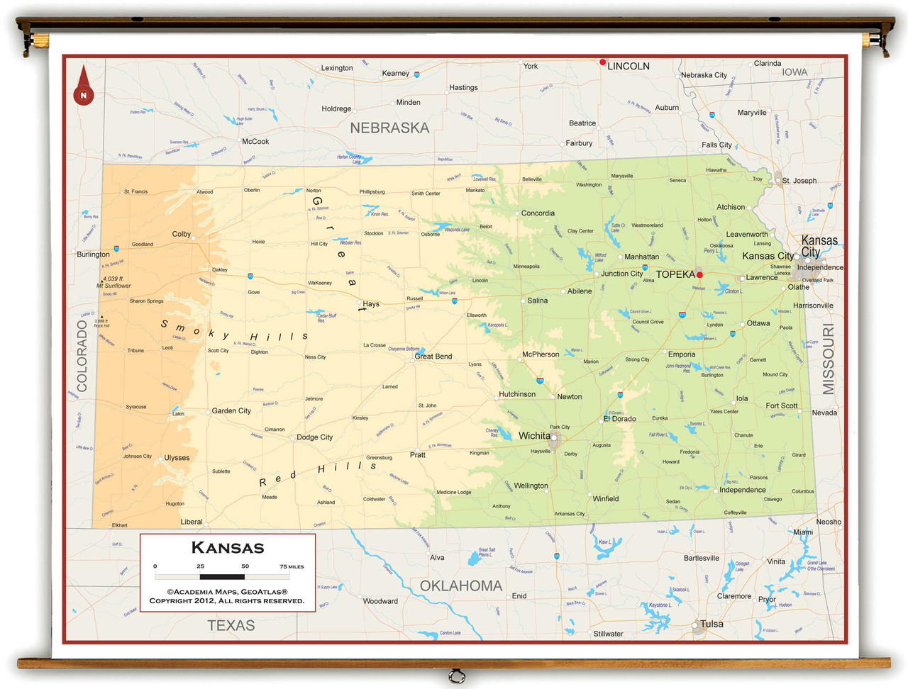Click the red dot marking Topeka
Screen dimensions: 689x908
(x=699, y=274)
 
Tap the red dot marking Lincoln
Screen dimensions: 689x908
(x=603, y=62)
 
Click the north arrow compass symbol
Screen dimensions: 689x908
(x=84, y=86)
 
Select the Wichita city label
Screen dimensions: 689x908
(x=533, y=436)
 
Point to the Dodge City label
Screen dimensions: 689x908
(x=314, y=437)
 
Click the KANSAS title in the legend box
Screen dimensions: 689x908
(x=228, y=548)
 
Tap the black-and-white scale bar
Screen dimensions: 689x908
(x=222, y=576)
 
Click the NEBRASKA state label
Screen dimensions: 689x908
(x=389, y=128)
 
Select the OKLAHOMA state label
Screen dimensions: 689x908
(x=461, y=586)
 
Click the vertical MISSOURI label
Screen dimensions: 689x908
(x=829, y=359)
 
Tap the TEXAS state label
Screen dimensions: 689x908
(x=231, y=625)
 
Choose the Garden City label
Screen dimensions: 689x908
(x=231, y=411)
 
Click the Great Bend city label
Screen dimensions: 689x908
(x=433, y=357)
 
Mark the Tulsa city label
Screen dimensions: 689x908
(x=712, y=624)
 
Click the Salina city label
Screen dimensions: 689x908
(x=537, y=301)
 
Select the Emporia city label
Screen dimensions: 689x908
(x=681, y=354)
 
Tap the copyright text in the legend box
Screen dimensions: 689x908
(x=227, y=596)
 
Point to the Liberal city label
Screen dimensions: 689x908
(x=192, y=522)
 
